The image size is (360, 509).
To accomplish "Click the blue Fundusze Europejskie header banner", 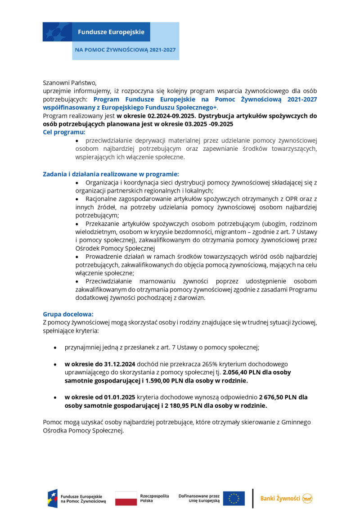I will coord(111,32).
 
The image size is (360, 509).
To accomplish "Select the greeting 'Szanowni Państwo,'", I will coord(70,82).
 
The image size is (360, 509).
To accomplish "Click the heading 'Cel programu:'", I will coord(64,132).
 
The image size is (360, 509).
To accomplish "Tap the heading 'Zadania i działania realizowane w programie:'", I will coord(111,174).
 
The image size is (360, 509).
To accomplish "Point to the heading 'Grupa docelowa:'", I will coord(68,314).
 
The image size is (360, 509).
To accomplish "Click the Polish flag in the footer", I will coord(126,498).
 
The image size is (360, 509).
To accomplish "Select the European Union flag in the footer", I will coord(234,498).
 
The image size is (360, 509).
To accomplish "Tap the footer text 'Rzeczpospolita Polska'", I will coord(154,498).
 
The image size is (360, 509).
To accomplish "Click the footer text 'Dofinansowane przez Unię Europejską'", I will coord(199,498).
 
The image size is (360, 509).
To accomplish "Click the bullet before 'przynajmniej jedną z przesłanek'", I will coord(55,348).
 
